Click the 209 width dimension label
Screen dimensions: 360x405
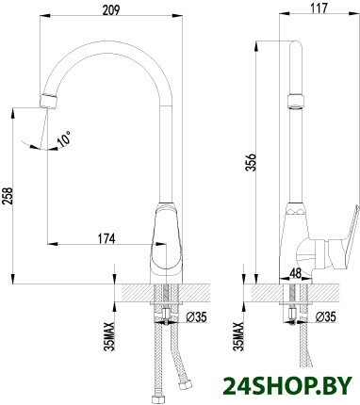pyautogui.click(x=111, y=9)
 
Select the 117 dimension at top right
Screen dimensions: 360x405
pyautogui.click(x=319, y=8)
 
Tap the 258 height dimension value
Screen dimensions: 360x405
pyautogui.click(x=7, y=196)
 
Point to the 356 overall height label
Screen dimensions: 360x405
pyautogui.click(x=251, y=162)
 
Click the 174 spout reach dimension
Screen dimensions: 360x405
pyautogui.click(x=106, y=238)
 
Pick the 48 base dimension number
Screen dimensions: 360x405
pyautogui.click(x=295, y=273)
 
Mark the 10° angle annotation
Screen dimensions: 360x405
pyautogui.click(x=64, y=139)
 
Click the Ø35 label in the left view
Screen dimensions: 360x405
pyautogui.click(x=196, y=317)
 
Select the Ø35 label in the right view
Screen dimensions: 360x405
pyautogui.click(x=325, y=316)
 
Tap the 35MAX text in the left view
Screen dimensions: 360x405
pyautogui.click(x=110, y=336)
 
